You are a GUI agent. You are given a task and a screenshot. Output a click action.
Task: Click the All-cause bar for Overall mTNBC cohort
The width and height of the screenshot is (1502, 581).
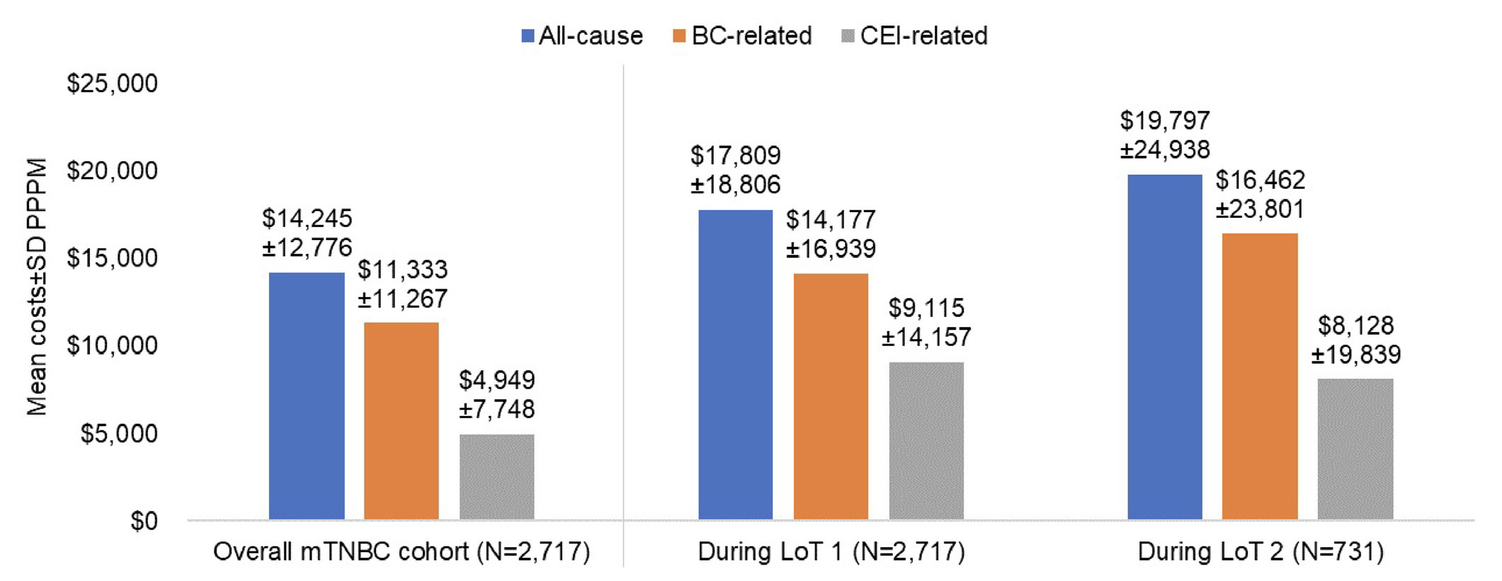point(307,396)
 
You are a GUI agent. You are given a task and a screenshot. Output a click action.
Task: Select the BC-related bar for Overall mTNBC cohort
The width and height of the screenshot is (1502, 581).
point(402,421)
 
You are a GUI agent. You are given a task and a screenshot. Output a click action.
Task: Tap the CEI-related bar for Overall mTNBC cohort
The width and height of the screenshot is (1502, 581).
point(496,477)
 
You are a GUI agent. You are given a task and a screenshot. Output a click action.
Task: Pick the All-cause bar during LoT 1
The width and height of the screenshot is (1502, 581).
point(735,365)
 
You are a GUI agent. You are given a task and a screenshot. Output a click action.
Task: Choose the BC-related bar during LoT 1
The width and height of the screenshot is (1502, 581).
point(831,396)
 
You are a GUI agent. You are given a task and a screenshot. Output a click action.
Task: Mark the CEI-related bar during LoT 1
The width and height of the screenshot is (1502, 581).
point(926,441)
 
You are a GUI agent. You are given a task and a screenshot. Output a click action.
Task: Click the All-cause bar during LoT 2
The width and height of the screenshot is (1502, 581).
point(1165,347)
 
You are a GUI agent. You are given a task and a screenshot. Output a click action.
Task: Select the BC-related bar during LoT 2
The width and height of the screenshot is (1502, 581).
point(1260,376)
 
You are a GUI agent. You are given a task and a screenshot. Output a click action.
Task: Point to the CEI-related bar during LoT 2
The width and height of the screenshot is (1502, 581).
point(1355,449)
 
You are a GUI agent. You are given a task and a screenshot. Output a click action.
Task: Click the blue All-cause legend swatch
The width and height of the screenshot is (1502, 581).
point(528,36)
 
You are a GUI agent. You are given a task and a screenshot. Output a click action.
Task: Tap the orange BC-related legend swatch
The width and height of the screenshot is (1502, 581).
point(679,36)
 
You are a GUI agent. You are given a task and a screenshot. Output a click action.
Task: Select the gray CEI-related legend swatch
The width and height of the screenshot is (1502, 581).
point(848,36)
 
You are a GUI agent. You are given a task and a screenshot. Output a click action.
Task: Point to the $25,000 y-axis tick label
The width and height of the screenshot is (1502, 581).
point(112,84)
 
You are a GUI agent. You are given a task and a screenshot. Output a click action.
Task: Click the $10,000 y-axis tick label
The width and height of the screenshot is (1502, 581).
point(112,345)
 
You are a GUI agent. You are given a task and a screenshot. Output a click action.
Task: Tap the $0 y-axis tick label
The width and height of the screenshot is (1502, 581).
point(144,522)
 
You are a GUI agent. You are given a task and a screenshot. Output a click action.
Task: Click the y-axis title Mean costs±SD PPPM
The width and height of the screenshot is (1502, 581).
point(37,287)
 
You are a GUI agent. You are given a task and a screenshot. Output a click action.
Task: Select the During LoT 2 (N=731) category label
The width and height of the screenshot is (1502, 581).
point(1261,552)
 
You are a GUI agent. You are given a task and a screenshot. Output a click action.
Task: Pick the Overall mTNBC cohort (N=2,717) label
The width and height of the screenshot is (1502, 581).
point(402,552)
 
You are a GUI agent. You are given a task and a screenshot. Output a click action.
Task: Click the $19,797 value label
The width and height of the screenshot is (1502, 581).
point(1165,120)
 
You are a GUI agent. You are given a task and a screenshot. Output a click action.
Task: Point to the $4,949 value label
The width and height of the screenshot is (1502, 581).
point(496,380)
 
